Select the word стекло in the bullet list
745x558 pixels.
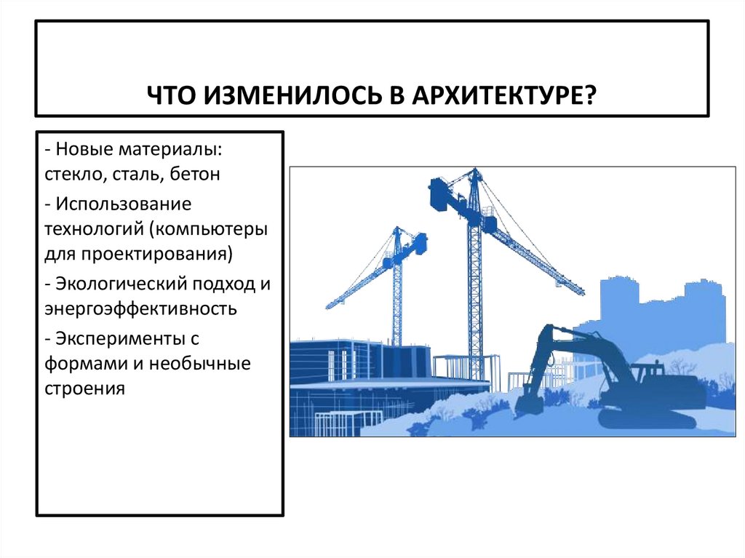pyautogui.click(x=68, y=175)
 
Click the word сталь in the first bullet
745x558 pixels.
pyautogui.click(x=140, y=175)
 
